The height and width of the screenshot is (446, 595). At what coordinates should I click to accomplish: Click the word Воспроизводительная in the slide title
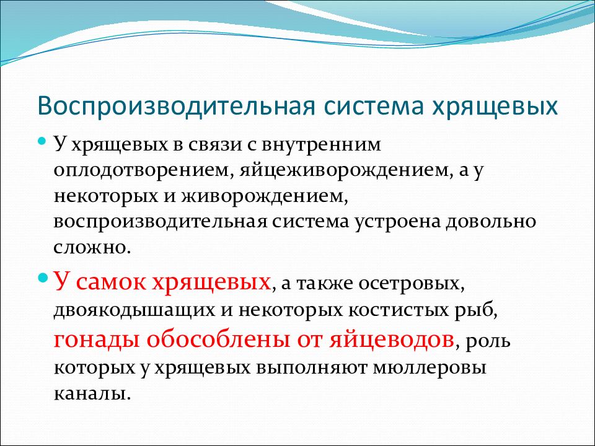pyautogui.click(x=177, y=107)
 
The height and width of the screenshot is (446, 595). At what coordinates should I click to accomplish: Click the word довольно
pyautogui.click(x=490, y=222)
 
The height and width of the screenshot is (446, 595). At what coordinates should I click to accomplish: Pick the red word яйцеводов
pyautogui.click(x=392, y=339)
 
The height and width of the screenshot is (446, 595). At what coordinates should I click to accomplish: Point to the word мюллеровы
pyautogui.click(x=429, y=368)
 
